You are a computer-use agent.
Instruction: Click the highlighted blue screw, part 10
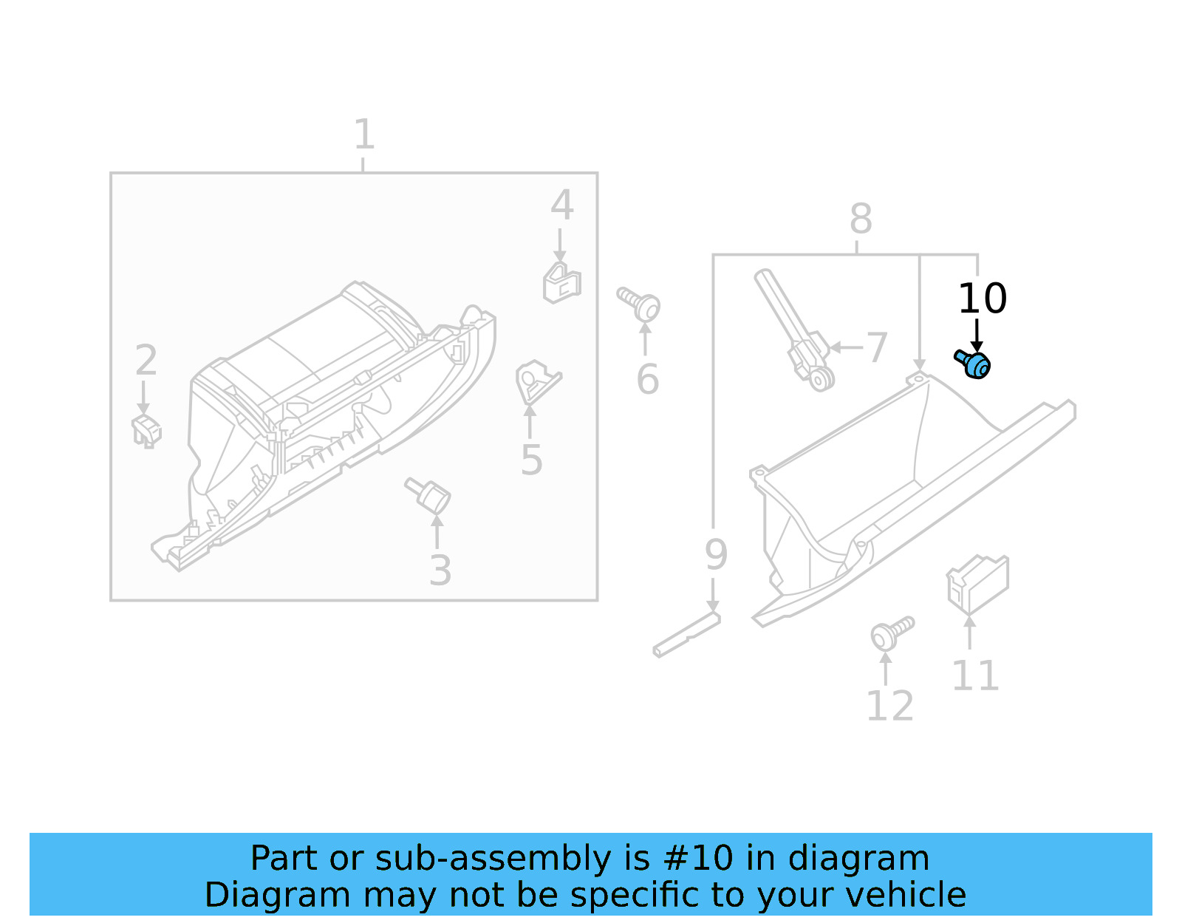tap(974, 364)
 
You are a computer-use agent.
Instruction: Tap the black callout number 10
tap(982, 299)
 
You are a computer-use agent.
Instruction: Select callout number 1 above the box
tap(363, 134)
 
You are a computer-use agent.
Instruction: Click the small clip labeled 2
tap(146, 431)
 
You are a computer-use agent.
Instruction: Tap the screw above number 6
tap(640, 304)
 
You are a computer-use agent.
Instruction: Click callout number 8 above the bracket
tap(861, 219)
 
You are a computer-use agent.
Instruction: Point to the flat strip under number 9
tap(687, 636)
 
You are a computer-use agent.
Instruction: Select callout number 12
tap(889, 706)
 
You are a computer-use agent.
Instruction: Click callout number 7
tap(876, 347)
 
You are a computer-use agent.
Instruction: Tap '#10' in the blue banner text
tap(698, 859)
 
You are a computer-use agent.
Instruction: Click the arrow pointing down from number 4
tap(560, 245)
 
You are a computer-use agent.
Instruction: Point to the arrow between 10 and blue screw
tap(977, 336)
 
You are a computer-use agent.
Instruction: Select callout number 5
tap(531, 460)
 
